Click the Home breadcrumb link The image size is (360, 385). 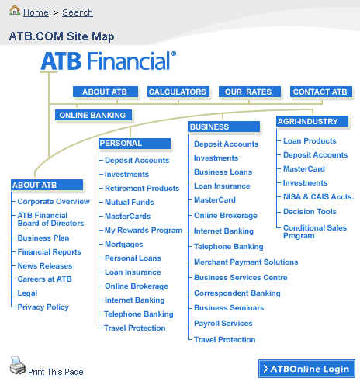(36, 12)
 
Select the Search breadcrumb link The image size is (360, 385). (78, 12)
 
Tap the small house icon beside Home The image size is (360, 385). (15, 10)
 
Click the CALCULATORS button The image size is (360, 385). (178, 92)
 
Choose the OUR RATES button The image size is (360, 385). (249, 92)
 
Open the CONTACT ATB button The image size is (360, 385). (320, 92)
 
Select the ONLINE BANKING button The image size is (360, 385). (93, 115)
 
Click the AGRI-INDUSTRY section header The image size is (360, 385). (312, 121)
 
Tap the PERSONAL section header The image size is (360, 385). (134, 144)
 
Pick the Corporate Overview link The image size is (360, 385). (54, 202)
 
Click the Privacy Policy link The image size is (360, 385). (43, 307)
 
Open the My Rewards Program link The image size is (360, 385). (144, 231)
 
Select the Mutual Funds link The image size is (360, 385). (130, 203)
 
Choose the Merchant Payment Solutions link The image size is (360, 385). (246, 262)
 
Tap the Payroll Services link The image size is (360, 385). (223, 324)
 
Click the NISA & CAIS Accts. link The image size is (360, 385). (319, 197)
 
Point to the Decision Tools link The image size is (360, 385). (310, 212)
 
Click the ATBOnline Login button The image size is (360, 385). (306, 369)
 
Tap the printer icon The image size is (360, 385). (18, 365)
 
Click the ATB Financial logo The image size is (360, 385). (109, 61)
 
